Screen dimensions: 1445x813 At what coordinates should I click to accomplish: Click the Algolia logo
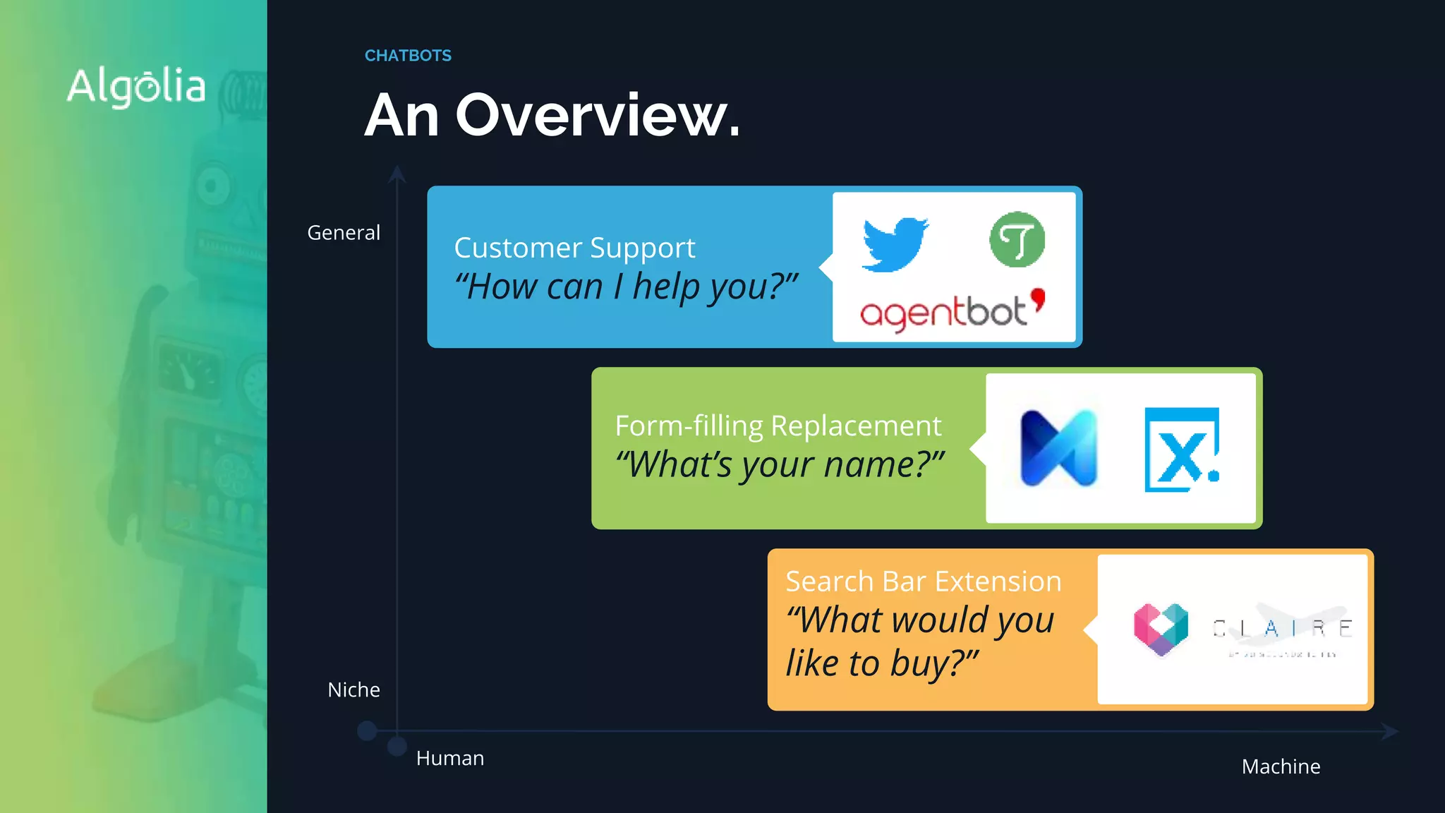tap(136, 87)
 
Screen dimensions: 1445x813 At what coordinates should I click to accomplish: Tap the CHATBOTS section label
tap(408, 56)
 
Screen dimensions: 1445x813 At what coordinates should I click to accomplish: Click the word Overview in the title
tap(597, 115)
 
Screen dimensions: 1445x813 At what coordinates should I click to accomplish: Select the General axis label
tap(344, 232)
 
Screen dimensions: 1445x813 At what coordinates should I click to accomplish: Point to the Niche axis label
tap(353, 689)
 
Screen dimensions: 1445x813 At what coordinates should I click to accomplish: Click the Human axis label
tap(450, 758)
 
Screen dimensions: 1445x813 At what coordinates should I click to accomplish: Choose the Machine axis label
tap(1281, 766)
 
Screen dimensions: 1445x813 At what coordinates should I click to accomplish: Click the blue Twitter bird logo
tap(895, 243)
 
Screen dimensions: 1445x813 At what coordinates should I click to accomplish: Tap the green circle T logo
tap(1017, 239)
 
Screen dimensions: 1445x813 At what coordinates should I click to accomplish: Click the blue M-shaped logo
tap(1058, 448)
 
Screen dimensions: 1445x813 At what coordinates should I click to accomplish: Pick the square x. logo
tap(1182, 450)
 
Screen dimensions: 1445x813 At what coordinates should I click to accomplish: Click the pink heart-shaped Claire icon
tap(1161, 629)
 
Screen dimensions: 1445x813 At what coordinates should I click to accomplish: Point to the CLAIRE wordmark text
tap(1282, 628)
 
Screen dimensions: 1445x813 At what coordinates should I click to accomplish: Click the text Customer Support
tap(574, 248)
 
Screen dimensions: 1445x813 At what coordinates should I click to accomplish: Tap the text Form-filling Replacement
tap(778, 426)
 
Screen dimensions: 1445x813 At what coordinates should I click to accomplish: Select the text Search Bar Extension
tap(923, 582)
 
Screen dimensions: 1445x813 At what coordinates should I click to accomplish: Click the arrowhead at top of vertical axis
tap(397, 173)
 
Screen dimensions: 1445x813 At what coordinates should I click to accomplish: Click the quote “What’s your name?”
tap(780, 465)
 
